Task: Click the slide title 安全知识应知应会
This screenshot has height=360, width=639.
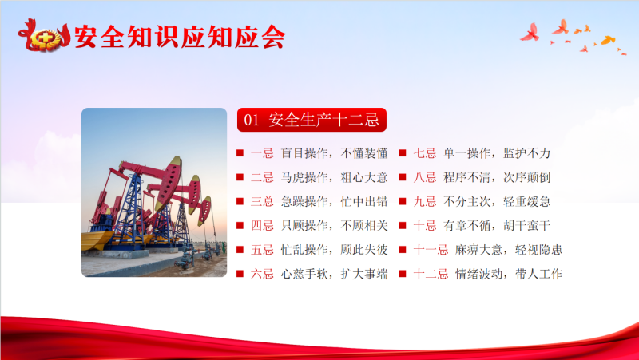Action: point(179,37)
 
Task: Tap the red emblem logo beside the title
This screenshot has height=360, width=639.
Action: point(44,36)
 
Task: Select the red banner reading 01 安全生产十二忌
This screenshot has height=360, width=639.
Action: point(312,120)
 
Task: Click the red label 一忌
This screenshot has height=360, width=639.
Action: point(262,153)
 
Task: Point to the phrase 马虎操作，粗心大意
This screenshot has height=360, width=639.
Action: point(334,177)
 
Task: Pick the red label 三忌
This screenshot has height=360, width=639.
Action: point(262,201)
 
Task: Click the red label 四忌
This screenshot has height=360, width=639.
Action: point(262,225)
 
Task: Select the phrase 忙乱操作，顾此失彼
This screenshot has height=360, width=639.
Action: point(334,249)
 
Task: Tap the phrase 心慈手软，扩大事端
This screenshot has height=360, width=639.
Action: point(334,274)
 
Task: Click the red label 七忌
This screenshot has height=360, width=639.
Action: point(425,153)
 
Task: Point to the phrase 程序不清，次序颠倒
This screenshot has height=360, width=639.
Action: point(497,177)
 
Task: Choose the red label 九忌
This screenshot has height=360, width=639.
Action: point(425,201)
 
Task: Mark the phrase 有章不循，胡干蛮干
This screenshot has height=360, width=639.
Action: point(497,225)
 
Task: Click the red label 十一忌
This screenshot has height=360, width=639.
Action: point(431,249)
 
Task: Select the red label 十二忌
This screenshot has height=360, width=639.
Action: point(431,274)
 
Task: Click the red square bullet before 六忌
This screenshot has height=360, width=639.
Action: point(240,274)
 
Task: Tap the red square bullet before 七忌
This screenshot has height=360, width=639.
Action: point(403,153)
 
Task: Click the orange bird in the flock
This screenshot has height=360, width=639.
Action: point(608,40)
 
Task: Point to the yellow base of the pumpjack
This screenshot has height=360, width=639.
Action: point(96,239)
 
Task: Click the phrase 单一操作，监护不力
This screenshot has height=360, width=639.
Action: point(497,153)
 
